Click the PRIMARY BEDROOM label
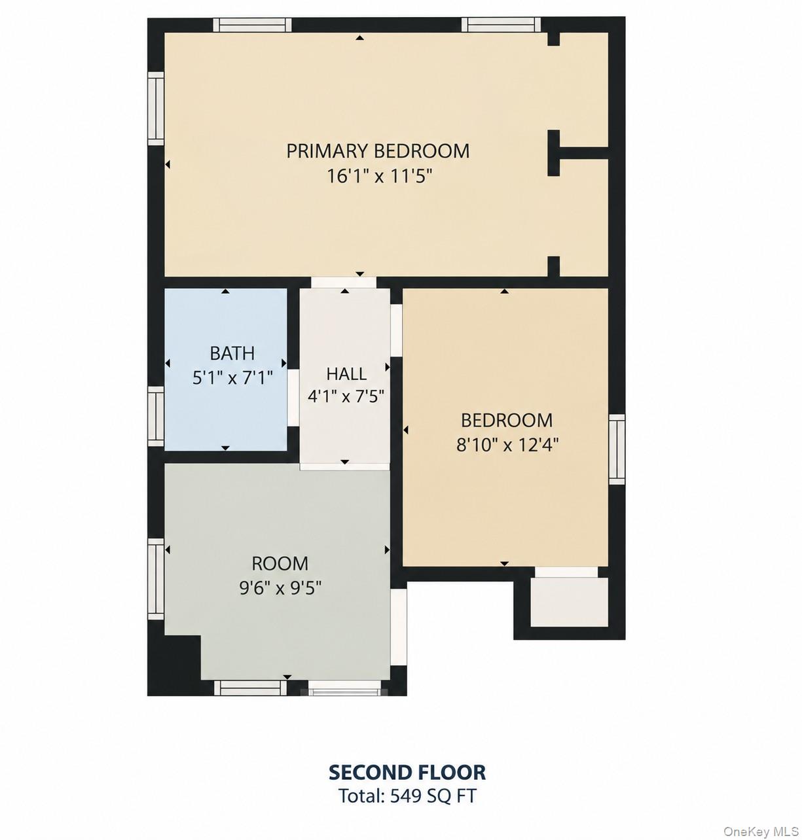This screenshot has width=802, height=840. pos(378,151)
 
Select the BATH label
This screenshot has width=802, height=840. pos(232,353)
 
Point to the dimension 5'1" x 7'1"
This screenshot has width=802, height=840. pos(232,377)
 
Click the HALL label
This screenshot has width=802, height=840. pos(346,374)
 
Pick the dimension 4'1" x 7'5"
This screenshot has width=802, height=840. pos(346,396)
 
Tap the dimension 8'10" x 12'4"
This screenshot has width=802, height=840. pos(508,446)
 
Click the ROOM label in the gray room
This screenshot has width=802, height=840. pos(280,563)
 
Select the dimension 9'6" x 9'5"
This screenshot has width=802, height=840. pos(280,588)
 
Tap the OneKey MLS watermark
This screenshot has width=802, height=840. pos(761,831)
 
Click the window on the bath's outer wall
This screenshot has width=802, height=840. pos(156,416)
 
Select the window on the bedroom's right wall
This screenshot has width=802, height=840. pos(617,449)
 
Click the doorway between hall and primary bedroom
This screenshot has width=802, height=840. pos(344,283)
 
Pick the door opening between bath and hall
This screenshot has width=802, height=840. pos(293,398)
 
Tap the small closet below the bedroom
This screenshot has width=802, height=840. pos(570,603)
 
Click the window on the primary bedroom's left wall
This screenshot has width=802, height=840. pos(156,109)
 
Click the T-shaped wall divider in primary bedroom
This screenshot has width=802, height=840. pos(573,153)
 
